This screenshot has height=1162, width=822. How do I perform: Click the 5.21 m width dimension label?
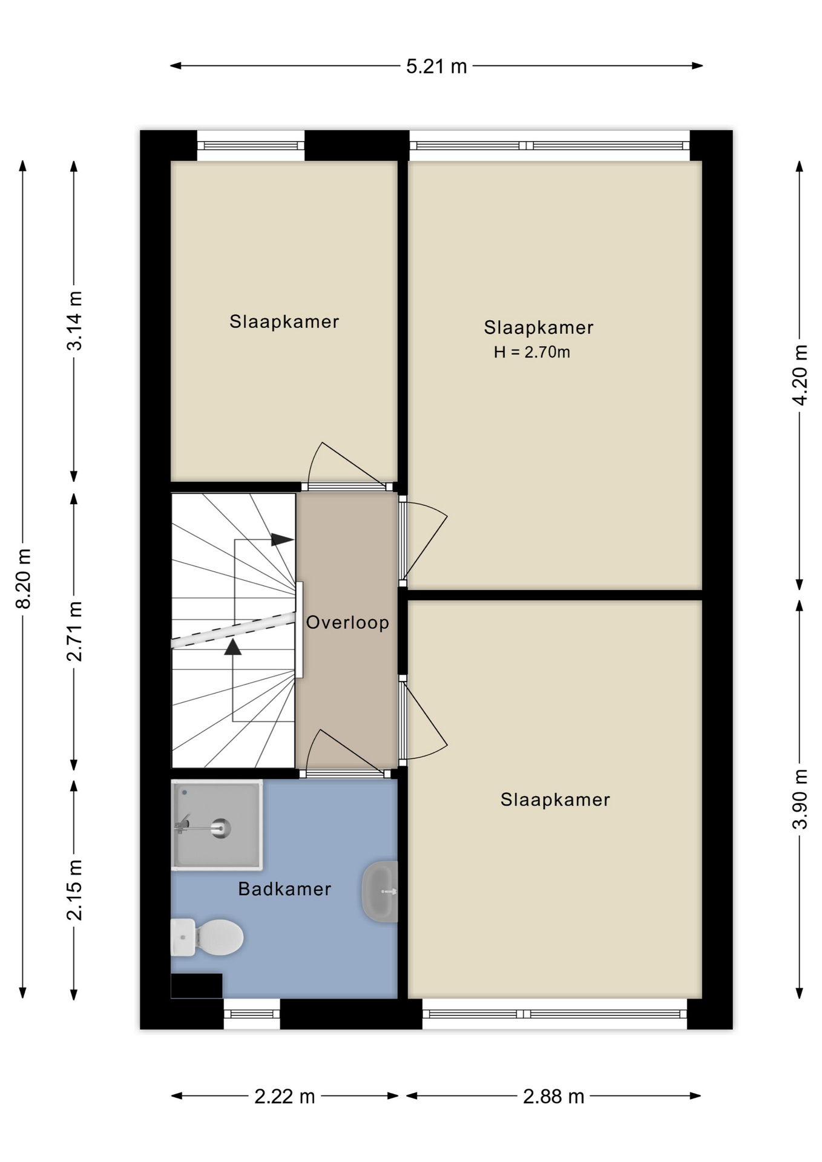coord(436,66)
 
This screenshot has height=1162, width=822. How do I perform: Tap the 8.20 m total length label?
coord(24,579)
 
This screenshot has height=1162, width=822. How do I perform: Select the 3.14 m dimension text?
coord(74,321)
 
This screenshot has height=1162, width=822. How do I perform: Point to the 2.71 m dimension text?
coord(74,631)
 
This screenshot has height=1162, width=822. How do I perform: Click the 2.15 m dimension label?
coord(74,890)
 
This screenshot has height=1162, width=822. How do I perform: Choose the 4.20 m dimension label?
coord(800,375)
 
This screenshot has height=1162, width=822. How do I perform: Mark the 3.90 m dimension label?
coord(800,799)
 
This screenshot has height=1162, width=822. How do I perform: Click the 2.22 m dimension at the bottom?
coord(284,1096)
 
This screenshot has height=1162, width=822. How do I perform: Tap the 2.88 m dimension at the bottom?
coord(553,1096)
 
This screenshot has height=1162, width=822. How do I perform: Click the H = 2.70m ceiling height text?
coord(531,352)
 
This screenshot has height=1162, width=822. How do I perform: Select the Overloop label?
coord(347,622)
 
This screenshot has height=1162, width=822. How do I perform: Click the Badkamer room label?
coord(284,889)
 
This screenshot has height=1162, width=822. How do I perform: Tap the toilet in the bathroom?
coord(207,937)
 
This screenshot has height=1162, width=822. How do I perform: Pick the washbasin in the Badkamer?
coord(380,891)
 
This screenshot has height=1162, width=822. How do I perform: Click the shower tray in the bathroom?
coord(217,825)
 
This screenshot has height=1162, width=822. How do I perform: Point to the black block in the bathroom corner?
coord(197,986)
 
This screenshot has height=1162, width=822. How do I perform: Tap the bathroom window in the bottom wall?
coord(252,1014)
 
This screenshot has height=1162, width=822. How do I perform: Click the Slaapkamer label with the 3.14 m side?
coord(284,321)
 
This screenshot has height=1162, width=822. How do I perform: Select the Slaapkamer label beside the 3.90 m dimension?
coord(555,799)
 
